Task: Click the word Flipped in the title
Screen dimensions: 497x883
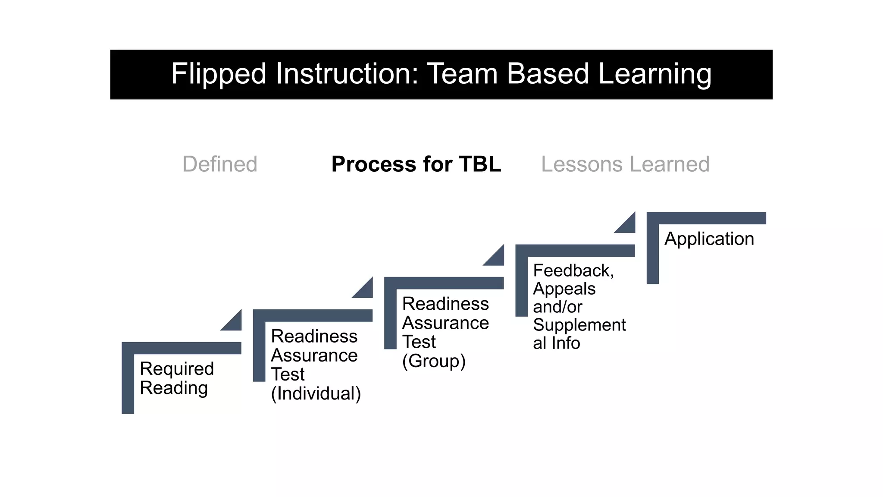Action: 218,74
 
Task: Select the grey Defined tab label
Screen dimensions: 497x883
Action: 219,164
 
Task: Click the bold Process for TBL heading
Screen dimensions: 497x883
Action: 416,164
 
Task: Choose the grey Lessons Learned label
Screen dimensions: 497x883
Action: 625,164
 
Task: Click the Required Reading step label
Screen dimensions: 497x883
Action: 176,378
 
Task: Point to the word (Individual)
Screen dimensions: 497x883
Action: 316,393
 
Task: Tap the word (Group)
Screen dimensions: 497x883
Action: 434,361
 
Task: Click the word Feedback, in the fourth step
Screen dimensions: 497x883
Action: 573,271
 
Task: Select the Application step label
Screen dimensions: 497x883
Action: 709,239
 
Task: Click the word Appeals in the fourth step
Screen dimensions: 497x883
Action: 564,289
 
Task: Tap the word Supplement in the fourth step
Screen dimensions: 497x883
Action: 579,325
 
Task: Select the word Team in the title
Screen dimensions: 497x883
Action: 462,74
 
